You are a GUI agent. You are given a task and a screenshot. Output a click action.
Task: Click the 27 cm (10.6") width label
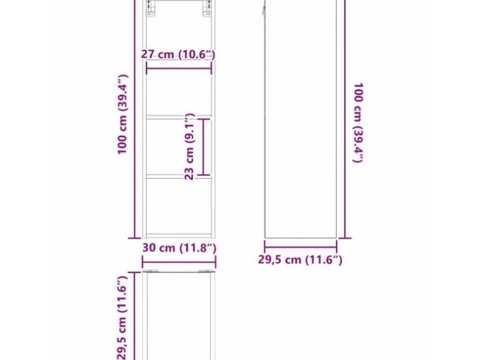(x=178, y=54)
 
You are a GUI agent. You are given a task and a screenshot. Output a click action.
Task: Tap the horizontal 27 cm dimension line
(x=179, y=69)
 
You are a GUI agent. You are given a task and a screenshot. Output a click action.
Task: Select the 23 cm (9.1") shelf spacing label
(x=190, y=146)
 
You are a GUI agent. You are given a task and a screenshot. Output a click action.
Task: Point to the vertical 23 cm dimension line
(x=203, y=147)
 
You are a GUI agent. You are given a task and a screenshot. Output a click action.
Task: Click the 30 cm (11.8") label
(x=180, y=248)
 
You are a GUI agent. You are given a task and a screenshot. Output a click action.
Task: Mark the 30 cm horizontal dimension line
(x=179, y=262)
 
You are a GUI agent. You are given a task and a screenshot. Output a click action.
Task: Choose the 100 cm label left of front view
(x=122, y=115)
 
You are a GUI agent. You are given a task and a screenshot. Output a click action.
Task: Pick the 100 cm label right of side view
(x=358, y=122)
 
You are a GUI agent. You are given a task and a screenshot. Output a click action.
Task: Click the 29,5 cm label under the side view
(x=300, y=260)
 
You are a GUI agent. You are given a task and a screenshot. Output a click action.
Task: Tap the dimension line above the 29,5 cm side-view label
(x=300, y=247)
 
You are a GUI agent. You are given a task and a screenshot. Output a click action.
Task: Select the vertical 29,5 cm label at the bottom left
(x=122, y=318)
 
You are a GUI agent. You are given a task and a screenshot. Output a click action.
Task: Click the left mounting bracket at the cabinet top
(x=150, y=7)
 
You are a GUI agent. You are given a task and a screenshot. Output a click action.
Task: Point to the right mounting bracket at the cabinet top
(x=207, y=7)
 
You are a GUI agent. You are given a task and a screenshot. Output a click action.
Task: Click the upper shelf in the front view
(x=179, y=117)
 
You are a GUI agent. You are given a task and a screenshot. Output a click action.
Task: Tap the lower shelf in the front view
(x=179, y=176)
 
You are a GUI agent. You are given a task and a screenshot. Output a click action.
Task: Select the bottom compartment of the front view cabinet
(x=179, y=206)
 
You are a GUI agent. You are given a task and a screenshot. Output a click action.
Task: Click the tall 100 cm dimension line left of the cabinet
(x=135, y=119)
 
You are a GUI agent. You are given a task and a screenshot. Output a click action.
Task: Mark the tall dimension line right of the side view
(x=345, y=119)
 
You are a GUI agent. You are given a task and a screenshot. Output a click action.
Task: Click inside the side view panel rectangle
(x=300, y=119)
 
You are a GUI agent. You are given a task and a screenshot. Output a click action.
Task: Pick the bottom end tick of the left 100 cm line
(x=135, y=238)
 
